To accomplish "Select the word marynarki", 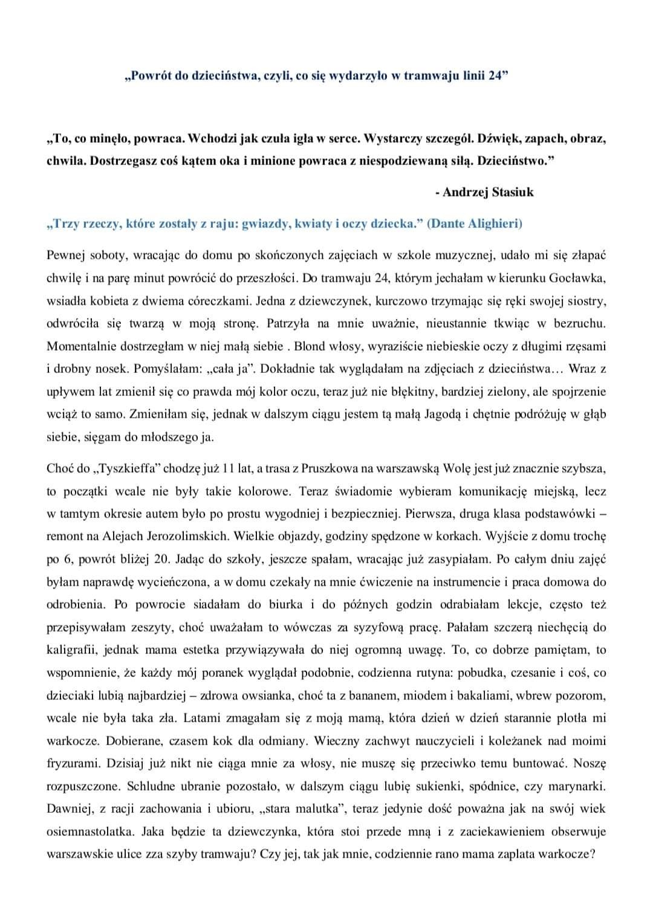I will click(577, 786).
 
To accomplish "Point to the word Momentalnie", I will click(86, 346).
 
